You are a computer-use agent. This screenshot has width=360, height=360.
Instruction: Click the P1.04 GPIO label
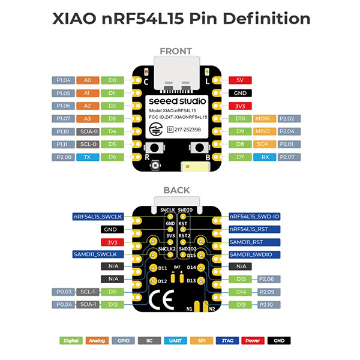coord(64,79)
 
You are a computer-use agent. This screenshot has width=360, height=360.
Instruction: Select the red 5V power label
coord(239,79)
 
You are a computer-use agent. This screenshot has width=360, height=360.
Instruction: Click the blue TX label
coord(88,157)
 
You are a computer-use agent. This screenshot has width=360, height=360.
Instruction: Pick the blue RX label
coord(265,157)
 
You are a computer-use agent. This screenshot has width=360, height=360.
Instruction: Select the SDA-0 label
coord(88,131)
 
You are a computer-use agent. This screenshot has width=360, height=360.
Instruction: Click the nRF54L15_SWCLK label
coord(98,216)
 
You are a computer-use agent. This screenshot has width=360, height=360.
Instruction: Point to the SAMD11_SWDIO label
coord(262,254)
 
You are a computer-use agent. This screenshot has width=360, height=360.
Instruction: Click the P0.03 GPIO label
coord(64,292)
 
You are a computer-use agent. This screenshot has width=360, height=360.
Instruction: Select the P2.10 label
coord(268,305)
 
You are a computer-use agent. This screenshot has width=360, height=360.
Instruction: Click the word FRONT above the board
coord(176,51)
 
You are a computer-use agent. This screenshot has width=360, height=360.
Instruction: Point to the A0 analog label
coord(88,79)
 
